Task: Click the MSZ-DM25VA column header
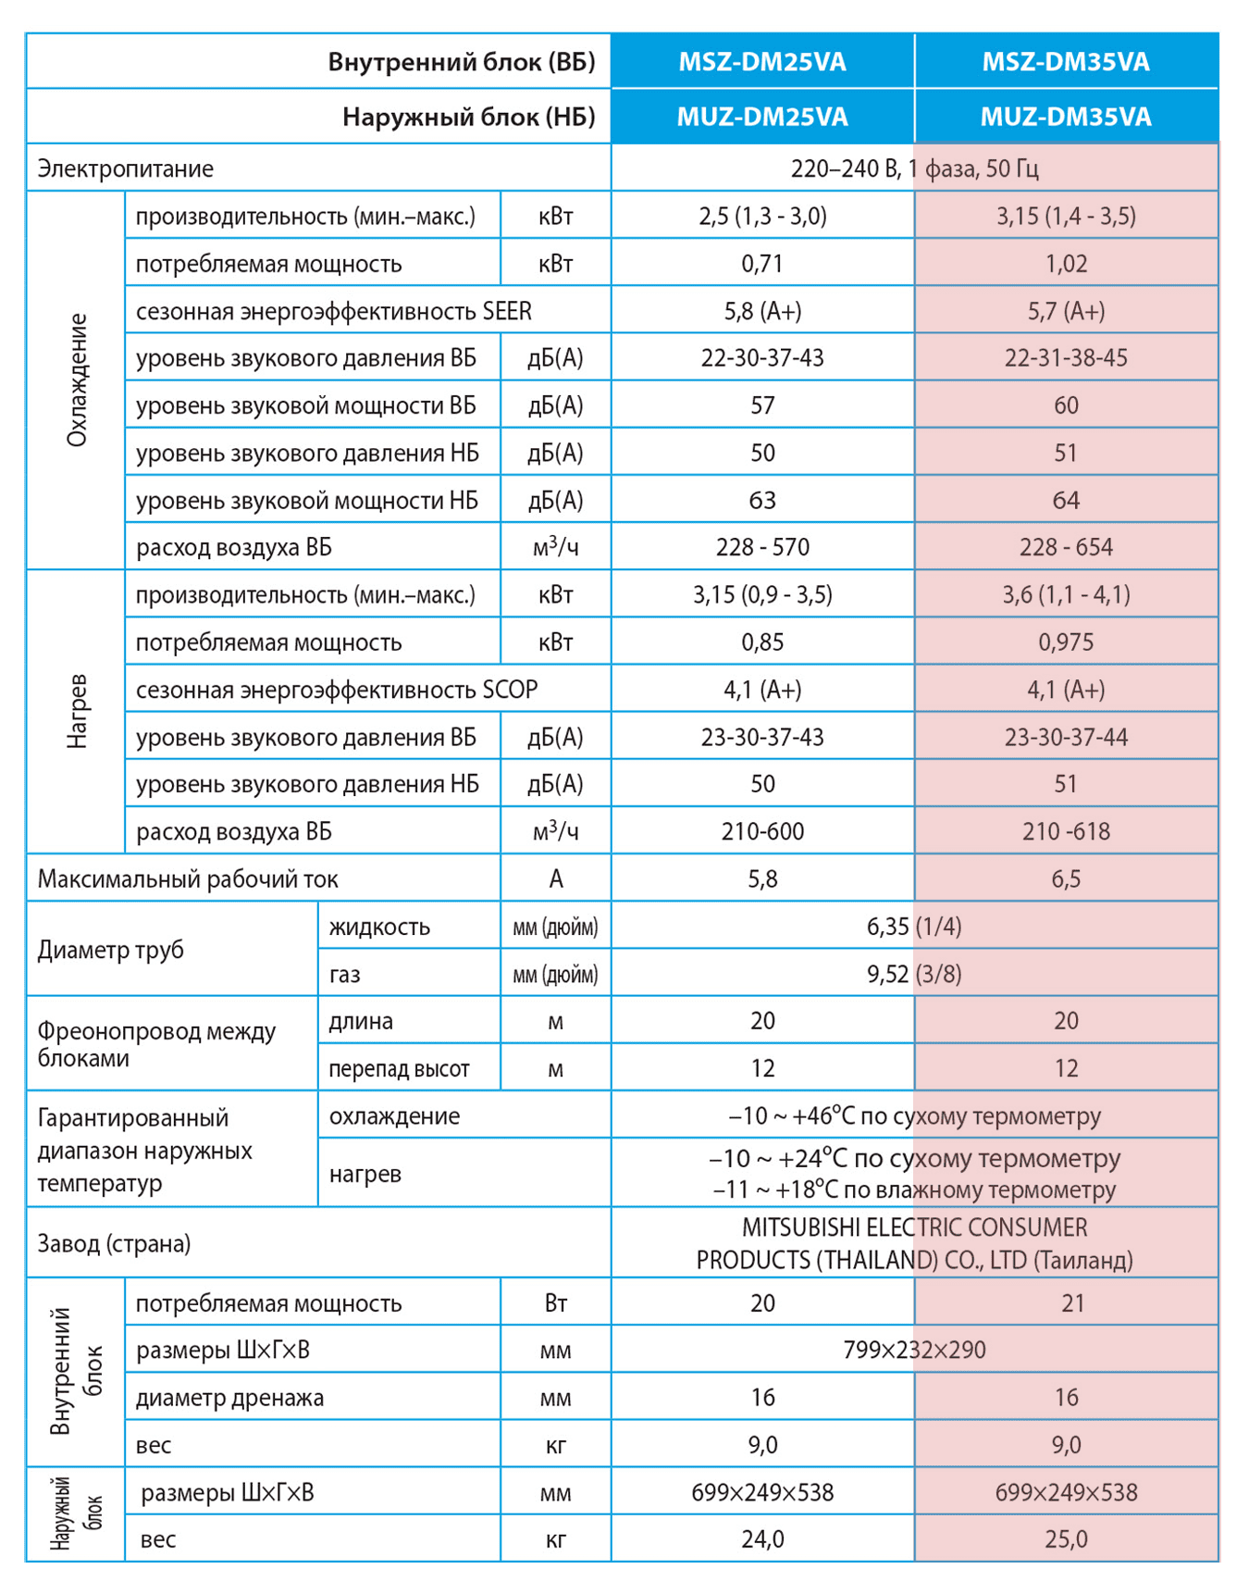tap(762, 62)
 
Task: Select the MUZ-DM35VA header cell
tap(1066, 117)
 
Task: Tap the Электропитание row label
tap(125, 168)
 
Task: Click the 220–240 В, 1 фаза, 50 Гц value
tap(914, 168)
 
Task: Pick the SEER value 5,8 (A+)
tap(762, 311)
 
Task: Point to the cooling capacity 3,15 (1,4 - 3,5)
tap(1066, 216)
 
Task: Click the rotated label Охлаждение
tap(77, 380)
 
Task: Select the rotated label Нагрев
tap(77, 711)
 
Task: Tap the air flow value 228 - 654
tap(1066, 547)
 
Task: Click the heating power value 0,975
tap(1066, 642)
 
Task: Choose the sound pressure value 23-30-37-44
tap(1066, 738)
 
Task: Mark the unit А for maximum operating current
tap(556, 878)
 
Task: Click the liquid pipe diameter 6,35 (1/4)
tap(914, 927)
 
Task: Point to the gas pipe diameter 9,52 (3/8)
tap(914, 974)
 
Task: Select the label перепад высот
tap(399, 1069)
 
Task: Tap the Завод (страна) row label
tap(114, 1243)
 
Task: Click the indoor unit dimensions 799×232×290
tap(914, 1350)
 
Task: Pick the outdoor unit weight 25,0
tap(1066, 1539)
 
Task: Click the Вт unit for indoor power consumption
tap(556, 1303)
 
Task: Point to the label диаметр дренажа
tap(229, 1398)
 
